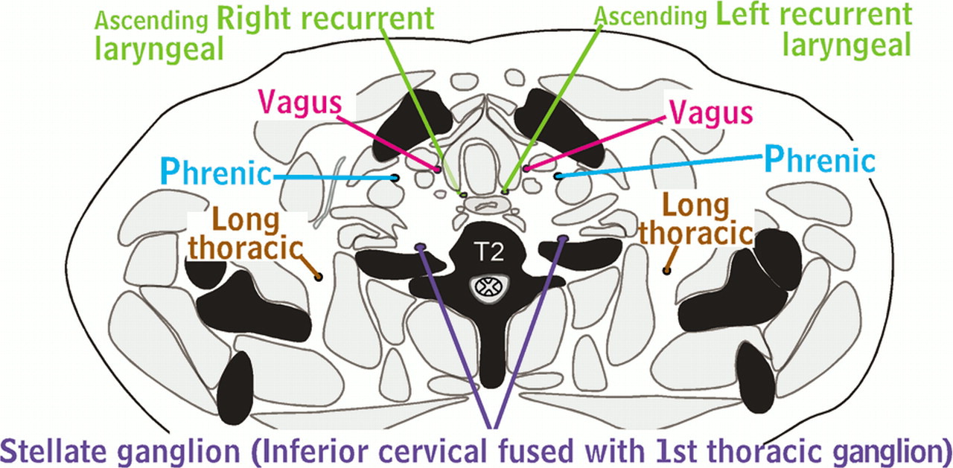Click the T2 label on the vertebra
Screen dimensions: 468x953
(x=490, y=252)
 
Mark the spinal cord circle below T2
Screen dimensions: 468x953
(x=490, y=286)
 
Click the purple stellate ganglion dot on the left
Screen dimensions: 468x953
(x=420, y=246)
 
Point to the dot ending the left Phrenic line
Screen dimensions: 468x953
(x=394, y=178)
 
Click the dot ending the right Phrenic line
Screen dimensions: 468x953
(x=559, y=176)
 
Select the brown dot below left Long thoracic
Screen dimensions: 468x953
(x=319, y=278)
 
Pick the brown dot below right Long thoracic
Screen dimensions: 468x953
(x=666, y=270)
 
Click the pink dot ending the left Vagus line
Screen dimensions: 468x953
(x=438, y=169)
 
